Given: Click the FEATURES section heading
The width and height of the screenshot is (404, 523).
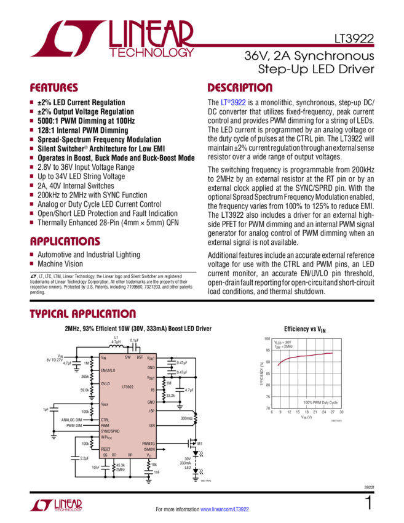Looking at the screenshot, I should click(x=55, y=88).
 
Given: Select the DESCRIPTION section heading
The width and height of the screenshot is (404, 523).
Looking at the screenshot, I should click(x=240, y=88).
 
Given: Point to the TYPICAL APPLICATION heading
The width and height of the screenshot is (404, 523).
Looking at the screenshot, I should click(x=83, y=314).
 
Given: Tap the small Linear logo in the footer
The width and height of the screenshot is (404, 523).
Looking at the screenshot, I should click(x=55, y=505).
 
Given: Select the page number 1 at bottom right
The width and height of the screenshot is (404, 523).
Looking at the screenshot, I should click(x=368, y=503).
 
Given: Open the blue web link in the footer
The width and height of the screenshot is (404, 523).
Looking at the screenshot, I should click(x=225, y=509).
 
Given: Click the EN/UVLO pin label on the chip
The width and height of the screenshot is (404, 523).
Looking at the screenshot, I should click(x=109, y=370).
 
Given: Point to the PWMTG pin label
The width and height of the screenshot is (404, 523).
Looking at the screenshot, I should click(x=148, y=443).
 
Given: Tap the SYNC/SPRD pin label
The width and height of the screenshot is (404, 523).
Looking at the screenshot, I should click(x=111, y=431).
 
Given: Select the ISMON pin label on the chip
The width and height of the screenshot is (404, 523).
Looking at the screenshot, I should click(x=149, y=449).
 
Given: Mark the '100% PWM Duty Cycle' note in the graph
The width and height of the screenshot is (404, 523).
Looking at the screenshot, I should click(x=321, y=402).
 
